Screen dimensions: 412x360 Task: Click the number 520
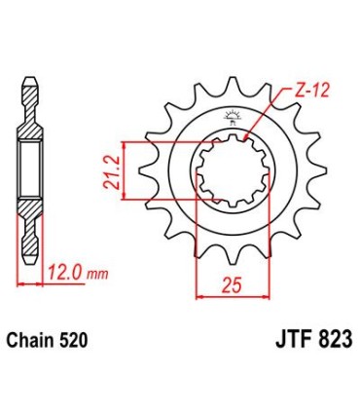coord(75,342)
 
